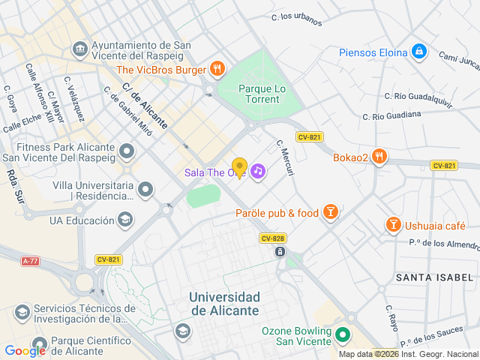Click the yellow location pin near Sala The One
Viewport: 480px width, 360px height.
click(239, 168)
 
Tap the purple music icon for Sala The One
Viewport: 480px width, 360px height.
click(258, 172)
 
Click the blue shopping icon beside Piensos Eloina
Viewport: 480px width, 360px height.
click(419, 52)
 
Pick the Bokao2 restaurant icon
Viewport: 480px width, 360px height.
click(380, 157)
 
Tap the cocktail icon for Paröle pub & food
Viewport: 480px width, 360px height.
click(330, 213)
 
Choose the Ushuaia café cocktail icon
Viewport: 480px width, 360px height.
click(393, 224)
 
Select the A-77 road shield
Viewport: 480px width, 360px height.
click(30, 261)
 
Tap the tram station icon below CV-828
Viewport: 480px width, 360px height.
click(280, 252)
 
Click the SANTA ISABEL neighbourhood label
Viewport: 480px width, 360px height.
click(436, 277)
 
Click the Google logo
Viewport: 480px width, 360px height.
click(25, 350)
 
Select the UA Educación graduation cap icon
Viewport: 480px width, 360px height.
click(126, 220)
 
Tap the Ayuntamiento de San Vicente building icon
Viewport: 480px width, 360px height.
click(79, 49)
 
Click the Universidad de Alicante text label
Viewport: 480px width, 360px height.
click(224, 304)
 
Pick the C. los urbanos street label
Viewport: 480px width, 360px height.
click(296, 19)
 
